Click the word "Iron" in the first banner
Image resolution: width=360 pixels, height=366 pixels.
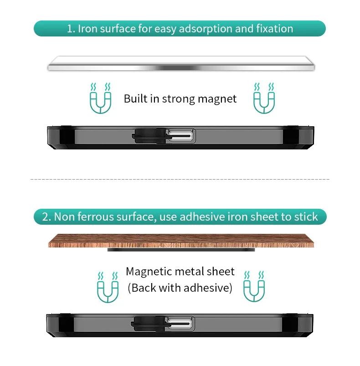coord(87,29)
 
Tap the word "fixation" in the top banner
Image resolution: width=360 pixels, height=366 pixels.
coord(275,28)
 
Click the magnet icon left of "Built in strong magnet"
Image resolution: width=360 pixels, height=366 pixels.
coord(100,98)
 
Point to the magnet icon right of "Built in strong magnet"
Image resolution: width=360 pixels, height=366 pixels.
coord(264,98)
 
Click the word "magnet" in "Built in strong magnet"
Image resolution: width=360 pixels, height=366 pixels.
coord(217,99)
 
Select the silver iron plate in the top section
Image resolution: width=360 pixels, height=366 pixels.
coord(181,63)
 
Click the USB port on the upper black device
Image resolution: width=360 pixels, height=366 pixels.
coord(181,136)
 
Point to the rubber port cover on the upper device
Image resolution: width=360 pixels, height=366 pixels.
coord(150,136)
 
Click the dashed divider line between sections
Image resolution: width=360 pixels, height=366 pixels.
coord(180,179)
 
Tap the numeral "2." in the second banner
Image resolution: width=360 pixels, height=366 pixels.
coord(46,217)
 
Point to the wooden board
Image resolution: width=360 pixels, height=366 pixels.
coord(181,241)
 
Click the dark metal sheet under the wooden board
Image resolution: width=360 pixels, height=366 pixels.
coord(181,250)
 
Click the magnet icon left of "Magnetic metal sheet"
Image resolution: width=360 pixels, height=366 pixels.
coord(108,287)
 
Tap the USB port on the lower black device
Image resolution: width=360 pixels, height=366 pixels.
coord(180,324)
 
